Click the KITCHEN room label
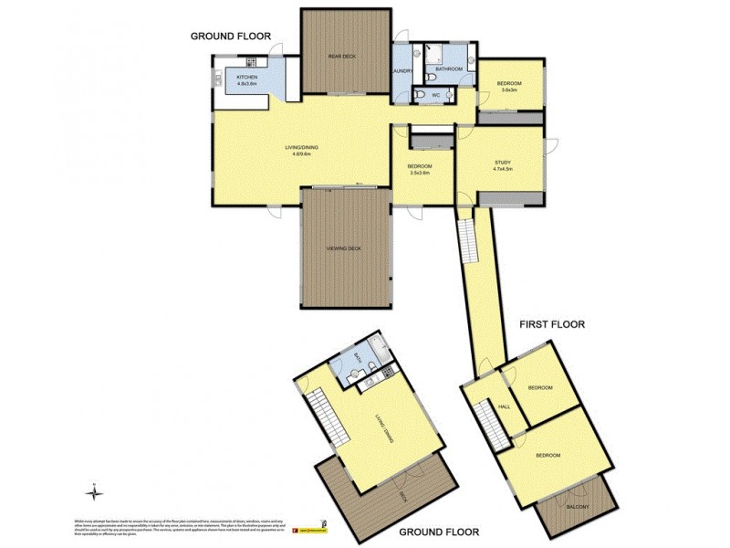247,78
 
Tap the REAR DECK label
342,57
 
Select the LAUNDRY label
402,70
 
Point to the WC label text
436,94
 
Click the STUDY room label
503,162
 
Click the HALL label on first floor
503,408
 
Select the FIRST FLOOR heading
551,324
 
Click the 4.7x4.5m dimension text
503,169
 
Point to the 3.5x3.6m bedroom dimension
419,173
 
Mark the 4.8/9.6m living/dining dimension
302,154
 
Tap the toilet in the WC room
418,93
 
